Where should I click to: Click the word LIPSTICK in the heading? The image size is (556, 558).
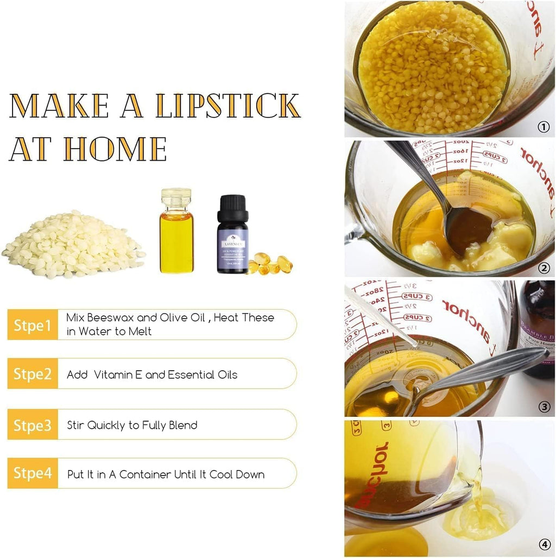pos(228,106)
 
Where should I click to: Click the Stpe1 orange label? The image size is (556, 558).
pos(33,325)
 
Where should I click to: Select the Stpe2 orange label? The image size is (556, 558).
pos(33,374)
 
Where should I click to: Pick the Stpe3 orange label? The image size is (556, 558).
pos(33,424)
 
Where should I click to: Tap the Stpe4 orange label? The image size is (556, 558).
pos(33,473)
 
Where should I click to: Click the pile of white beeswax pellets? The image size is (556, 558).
pos(73,246)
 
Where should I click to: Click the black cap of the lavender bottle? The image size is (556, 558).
pos(232,209)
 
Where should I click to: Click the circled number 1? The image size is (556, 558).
pos(543,127)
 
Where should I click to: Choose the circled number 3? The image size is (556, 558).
pos(543,407)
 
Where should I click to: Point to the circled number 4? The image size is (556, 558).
pos(543,544)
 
